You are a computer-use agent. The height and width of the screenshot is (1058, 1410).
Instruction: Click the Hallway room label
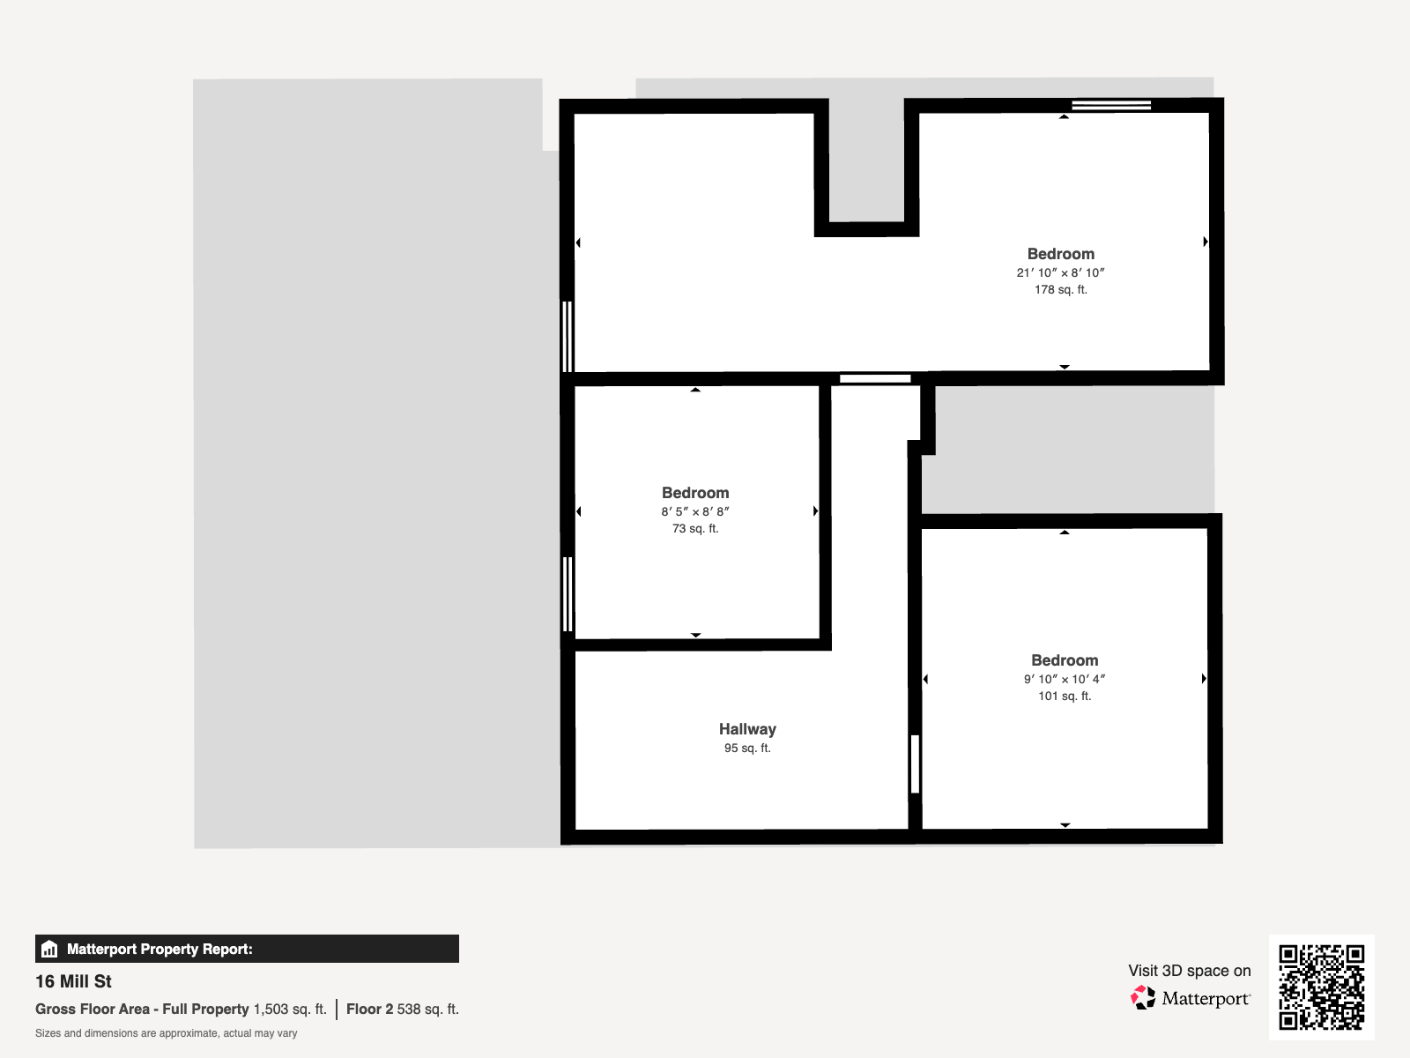tap(747, 729)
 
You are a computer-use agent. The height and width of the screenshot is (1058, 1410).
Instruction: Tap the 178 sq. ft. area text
tap(1060, 290)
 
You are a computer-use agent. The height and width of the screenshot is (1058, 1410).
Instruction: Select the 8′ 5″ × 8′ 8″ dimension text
tap(695, 512)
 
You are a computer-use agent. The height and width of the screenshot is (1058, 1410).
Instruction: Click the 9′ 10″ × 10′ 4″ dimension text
tap(1065, 679)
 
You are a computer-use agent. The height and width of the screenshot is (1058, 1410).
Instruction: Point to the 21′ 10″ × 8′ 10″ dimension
tap(1060, 272)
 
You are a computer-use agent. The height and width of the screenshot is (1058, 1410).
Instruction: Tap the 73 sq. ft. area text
tap(695, 529)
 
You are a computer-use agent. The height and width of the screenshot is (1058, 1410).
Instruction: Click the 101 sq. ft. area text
tap(1065, 696)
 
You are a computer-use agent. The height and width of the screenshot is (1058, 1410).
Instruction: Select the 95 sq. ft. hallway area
tap(747, 748)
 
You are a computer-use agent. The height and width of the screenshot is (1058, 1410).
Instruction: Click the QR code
tap(1321, 987)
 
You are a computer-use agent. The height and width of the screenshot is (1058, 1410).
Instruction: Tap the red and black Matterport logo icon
tap(1143, 998)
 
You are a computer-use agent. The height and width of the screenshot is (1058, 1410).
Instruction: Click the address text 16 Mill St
tap(73, 981)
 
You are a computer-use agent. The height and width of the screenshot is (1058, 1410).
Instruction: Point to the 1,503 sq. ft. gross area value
tap(290, 1010)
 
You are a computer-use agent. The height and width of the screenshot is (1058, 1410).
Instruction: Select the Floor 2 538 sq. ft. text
tap(403, 1010)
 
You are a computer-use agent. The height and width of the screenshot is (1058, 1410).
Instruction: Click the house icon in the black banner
tap(49, 949)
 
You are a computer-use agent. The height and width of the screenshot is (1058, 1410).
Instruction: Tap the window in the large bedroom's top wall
tap(1111, 105)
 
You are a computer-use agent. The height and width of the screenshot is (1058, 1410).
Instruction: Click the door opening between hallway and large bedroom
tap(875, 379)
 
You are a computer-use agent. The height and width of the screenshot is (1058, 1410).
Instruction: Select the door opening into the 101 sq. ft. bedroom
tap(916, 764)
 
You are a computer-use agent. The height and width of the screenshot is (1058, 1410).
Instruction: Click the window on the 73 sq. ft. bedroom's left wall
tap(568, 594)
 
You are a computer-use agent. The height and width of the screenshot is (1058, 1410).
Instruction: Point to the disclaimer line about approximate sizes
tap(166, 1033)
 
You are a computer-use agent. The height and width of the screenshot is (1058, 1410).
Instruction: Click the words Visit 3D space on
tap(1189, 971)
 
